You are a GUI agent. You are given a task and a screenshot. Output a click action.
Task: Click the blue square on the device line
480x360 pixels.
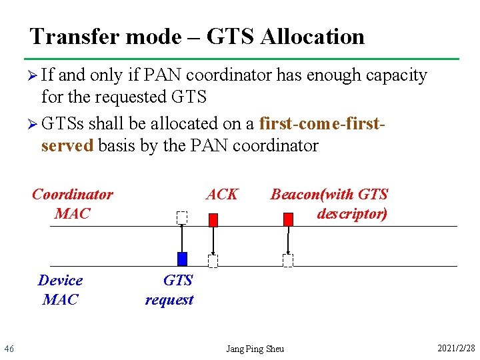(x=182, y=259)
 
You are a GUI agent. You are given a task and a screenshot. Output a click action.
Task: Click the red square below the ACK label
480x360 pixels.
(x=213, y=219)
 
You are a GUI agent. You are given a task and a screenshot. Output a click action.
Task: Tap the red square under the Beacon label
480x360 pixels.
(x=288, y=219)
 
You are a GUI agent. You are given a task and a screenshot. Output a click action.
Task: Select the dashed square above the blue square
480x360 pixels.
(x=182, y=217)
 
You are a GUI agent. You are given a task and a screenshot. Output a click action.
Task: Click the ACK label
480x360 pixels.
(x=222, y=194)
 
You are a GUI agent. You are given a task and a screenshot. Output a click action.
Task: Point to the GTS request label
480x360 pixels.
(x=169, y=290)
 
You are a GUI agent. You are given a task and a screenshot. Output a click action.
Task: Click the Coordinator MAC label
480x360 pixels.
(x=72, y=204)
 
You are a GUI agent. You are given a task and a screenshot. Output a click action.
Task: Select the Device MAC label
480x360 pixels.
(x=60, y=290)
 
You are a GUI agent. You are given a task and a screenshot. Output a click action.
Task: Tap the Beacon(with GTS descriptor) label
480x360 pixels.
(x=329, y=204)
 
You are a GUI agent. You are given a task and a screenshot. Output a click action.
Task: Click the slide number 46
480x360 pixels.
(x=9, y=349)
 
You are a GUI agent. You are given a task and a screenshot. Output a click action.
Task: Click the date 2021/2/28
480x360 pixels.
(x=456, y=349)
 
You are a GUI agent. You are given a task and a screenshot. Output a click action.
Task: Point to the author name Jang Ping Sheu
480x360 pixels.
(x=255, y=349)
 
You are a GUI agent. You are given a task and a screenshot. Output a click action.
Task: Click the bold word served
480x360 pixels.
(x=67, y=145)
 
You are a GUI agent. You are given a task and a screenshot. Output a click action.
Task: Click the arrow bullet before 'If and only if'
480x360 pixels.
(x=35, y=75)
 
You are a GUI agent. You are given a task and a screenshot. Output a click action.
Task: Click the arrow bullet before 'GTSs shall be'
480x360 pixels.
(x=35, y=124)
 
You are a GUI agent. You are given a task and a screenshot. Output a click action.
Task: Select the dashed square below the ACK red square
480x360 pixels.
(x=213, y=261)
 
